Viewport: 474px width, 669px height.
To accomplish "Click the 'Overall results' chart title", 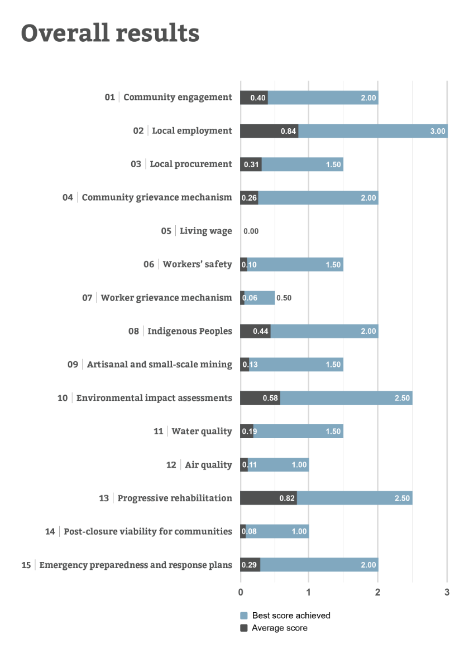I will [x=110, y=33].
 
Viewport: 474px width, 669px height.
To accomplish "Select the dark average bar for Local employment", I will [x=269, y=131].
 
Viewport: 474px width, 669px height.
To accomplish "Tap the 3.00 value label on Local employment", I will [x=438, y=131].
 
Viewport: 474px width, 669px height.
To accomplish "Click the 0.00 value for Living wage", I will [x=251, y=231].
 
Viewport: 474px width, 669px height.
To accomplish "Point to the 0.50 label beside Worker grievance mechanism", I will [x=284, y=298].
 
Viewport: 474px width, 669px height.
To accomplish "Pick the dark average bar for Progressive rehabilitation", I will [x=268, y=498].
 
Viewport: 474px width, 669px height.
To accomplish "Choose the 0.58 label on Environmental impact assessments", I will [x=270, y=398].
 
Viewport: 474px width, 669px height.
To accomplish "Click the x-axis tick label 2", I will [x=378, y=592].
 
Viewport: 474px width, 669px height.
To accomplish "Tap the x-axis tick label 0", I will [x=241, y=592].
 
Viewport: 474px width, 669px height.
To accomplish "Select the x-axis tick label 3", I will [x=447, y=592].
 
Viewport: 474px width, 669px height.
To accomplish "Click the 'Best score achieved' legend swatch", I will [x=244, y=615].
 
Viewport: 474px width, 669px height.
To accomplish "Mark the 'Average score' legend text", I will [x=280, y=628].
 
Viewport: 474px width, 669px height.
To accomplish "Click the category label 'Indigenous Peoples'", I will [x=190, y=331].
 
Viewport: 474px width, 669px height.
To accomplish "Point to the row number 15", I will [x=26, y=565].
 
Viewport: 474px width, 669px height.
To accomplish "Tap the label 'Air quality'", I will [x=208, y=465].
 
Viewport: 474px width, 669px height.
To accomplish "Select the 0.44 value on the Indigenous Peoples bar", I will [x=261, y=331].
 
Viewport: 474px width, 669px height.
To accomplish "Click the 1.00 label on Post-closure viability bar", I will [x=299, y=532].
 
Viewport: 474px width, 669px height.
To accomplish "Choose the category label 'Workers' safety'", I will [x=197, y=264].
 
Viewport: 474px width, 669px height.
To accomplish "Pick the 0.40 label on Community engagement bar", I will [x=258, y=98].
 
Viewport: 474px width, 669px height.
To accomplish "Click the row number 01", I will [x=109, y=98].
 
